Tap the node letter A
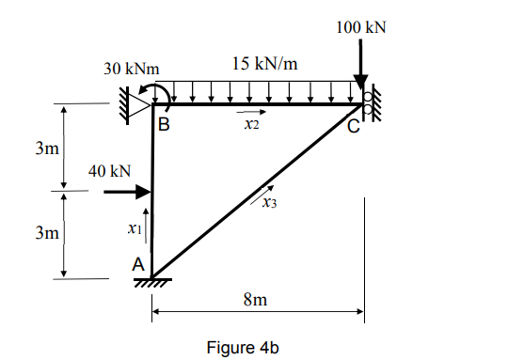(137, 266)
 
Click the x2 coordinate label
(250, 123)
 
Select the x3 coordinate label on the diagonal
(270, 200)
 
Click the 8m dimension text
(254, 301)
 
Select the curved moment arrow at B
(161, 94)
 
